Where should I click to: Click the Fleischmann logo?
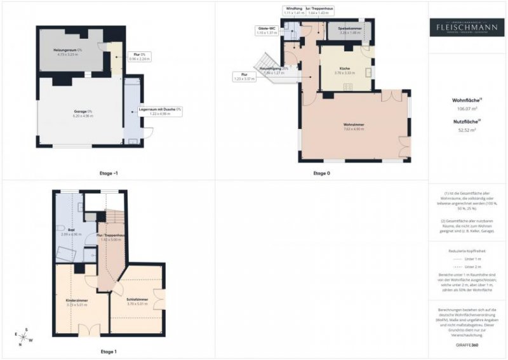pyautogui.click(x=467, y=27)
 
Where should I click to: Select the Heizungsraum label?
pyautogui.click(x=70, y=52)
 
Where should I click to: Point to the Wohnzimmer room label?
pyautogui.click(x=354, y=126)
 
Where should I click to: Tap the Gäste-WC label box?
pyautogui.click(x=266, y=30)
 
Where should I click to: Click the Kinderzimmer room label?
pyautogui.click(x=76, y=300)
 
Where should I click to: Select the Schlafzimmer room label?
pyautogui.click(x=138, y=300)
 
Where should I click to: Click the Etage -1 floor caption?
pyautogui.click(x=109, y=173)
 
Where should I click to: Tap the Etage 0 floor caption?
pyautogui.click(x=321, y=173)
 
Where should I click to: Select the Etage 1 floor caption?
pyautogui.click(x=108, y=351)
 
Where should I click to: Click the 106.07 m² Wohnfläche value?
pyautogui.click(x=467, y=109)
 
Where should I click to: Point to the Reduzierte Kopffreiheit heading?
pyautogui.click(x=467, y=251)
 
